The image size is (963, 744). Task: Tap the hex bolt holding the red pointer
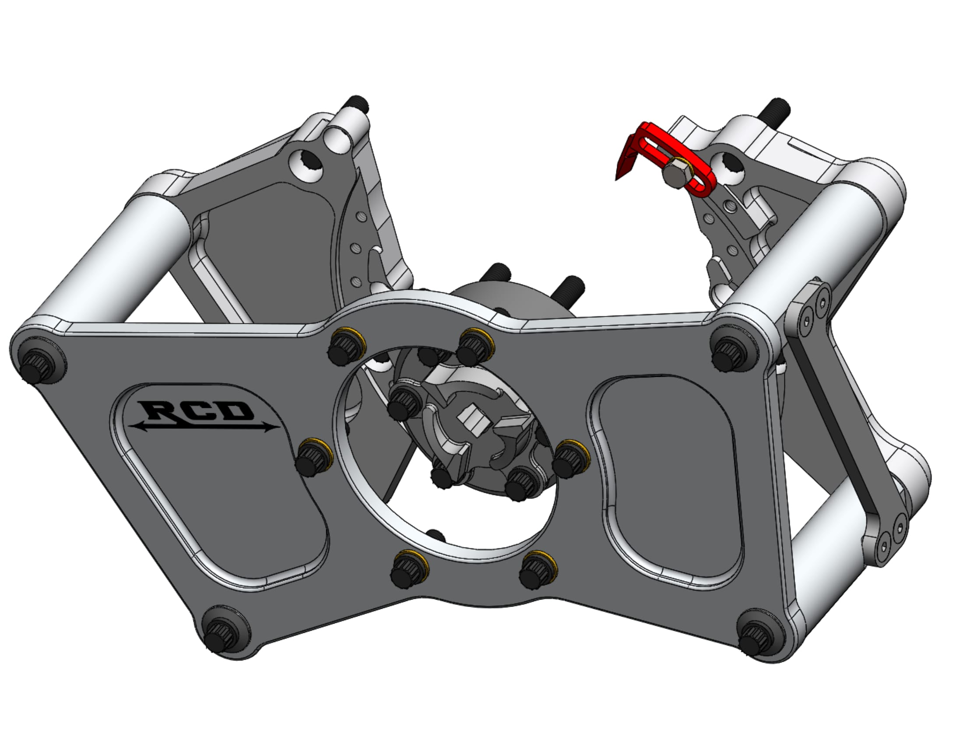click(674, 175)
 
